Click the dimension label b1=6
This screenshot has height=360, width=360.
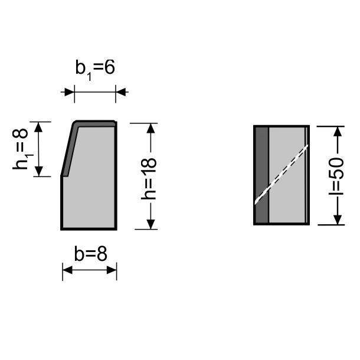(x=95, y=70)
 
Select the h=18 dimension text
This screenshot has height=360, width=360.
(x=149, y=178)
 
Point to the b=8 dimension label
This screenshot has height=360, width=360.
(x=91, y=254)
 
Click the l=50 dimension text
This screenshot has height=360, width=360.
(x=336, y=176)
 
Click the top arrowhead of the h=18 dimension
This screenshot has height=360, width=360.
(x=150, y=128)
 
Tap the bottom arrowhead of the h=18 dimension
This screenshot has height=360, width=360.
(x=150, y=224)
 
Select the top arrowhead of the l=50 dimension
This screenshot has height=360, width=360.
(x=338, y=132)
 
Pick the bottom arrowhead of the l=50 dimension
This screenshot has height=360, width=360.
(x=337, y=220)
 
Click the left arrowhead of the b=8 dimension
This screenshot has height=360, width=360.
(x=67, y=270)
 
